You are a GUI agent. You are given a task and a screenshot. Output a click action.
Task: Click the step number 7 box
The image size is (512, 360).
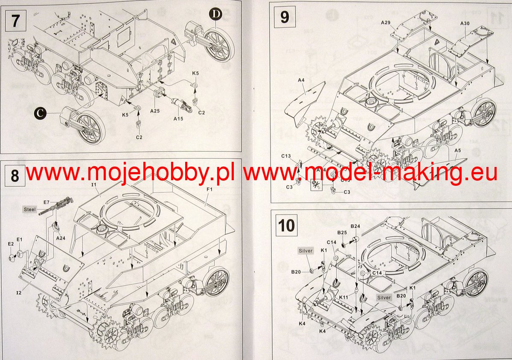pyautogui.click(x=15, y=20)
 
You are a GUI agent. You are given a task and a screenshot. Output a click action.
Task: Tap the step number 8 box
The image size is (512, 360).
pyautogui.click(x=15, y=176)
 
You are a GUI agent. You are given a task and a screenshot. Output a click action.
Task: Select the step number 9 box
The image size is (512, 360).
pyautogui.click(x=285, y=17)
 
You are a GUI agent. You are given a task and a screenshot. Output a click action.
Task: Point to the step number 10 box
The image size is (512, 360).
pyautogui.click(x=286, y=225)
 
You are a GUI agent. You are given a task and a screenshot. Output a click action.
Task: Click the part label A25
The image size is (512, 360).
pyautogui.click(x=155, y=111)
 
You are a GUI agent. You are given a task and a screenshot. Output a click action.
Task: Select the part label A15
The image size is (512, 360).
pyautogui.click(x=178, y=118)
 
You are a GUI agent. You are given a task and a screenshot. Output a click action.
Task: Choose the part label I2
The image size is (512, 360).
pyautogui.click(x=19, y=293)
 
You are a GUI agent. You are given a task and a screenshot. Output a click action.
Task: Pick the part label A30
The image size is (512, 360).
pyautogui.click(x=465, y=23)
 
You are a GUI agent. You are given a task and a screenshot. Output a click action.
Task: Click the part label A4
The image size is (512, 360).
pyautogui.click(x=301, y=80)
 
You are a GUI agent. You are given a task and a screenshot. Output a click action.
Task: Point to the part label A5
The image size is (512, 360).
pyautogui.click(x=457, y=151)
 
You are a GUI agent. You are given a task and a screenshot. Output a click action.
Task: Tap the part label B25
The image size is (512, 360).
pyautogui.click(x=341, y=233)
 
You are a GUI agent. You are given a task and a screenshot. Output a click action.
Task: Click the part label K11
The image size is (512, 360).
pyautogui.click(x=344, y=297)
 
